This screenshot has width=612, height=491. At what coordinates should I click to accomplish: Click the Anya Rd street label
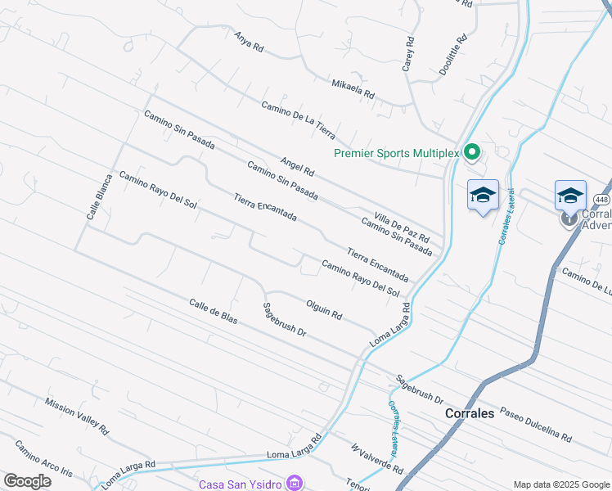[249, 43]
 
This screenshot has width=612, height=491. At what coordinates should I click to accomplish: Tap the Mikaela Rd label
[353, 88]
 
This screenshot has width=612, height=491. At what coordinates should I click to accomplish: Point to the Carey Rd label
[407, 54]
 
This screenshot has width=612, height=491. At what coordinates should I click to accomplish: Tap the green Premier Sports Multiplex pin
[471, 152]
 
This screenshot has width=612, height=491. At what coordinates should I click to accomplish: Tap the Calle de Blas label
[213, 311]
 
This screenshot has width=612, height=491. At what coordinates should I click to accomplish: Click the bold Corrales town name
[470, 413]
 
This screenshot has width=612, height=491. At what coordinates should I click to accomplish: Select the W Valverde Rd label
[377, 459]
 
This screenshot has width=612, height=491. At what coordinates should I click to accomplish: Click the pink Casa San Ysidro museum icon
[293, 484]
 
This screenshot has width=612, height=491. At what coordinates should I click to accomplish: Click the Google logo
[27, 482]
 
